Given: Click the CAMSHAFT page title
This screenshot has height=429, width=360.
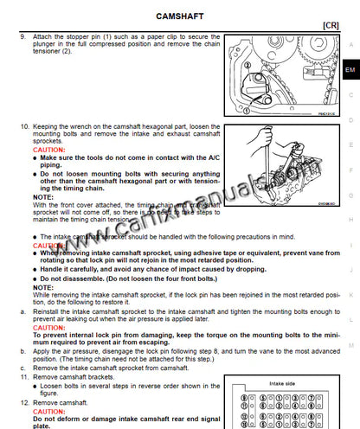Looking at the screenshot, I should (179, 16).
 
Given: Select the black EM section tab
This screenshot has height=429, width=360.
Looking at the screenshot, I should (349, 69).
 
